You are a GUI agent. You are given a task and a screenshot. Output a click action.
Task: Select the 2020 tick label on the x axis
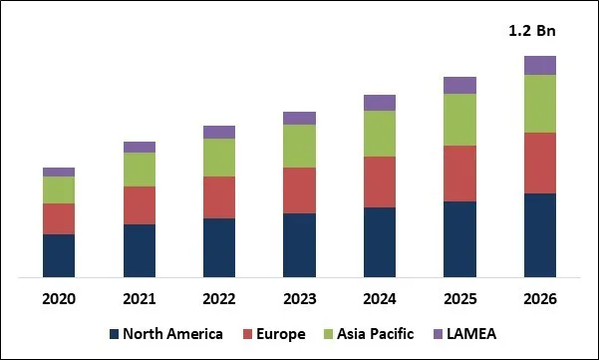(x=59, y=299)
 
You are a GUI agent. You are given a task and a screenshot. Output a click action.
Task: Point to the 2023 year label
(x=299, y=299)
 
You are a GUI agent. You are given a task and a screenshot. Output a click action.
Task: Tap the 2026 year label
(x=539, y=299)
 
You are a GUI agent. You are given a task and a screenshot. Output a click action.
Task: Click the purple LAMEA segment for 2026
(x=539, y=66)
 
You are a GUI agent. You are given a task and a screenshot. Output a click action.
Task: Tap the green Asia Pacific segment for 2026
(x=539, y=104)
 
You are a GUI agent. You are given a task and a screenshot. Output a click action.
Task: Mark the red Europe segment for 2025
(x=459, y=174)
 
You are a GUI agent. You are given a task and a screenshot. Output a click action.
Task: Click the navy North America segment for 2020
(x=59, y=255)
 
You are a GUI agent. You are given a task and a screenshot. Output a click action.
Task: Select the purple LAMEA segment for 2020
(x=59, y=172)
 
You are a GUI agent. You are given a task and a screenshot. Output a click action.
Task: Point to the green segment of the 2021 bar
(x=140, y=170)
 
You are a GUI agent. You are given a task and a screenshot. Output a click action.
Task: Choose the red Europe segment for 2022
(x=219, y=197)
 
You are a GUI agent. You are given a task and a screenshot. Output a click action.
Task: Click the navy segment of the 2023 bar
(x=299, y=244)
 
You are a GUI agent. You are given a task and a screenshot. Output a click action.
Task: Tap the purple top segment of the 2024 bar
(x=379, y=103)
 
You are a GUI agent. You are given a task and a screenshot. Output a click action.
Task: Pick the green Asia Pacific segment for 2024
(x=379, y=134)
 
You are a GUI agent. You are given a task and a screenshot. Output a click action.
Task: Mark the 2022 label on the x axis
(x=219, y=299)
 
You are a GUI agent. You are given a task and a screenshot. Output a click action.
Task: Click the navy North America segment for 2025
(x=459, y=238)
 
